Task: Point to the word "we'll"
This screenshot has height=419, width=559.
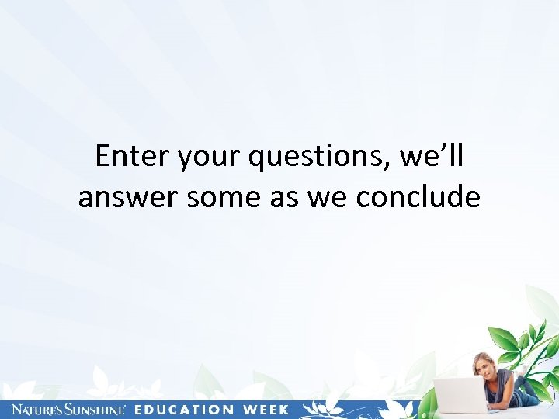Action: coord(431,157)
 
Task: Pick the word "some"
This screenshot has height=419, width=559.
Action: coord(224,197)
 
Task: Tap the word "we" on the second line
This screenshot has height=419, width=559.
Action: coord(328,197)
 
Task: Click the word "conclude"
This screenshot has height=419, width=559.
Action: coord(418,197)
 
